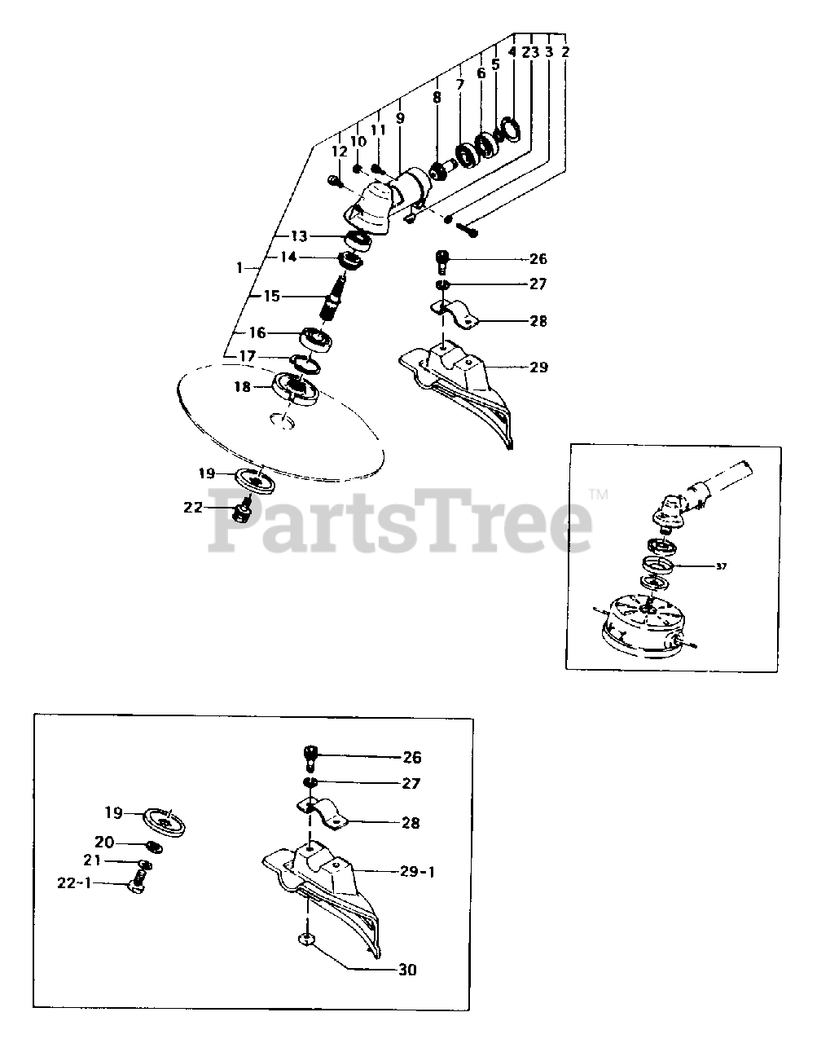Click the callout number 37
coord(721,566)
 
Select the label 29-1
coord(417,871)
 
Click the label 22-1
coord(74,882)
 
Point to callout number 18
coord(242,386)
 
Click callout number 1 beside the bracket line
coord(239,268)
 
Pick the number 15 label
coord(272,296)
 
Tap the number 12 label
coord(339,152)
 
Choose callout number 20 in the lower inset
coord(104,842)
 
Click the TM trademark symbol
coord(598,494)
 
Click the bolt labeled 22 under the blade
coord(241,510)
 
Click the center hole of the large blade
coord(282,420)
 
